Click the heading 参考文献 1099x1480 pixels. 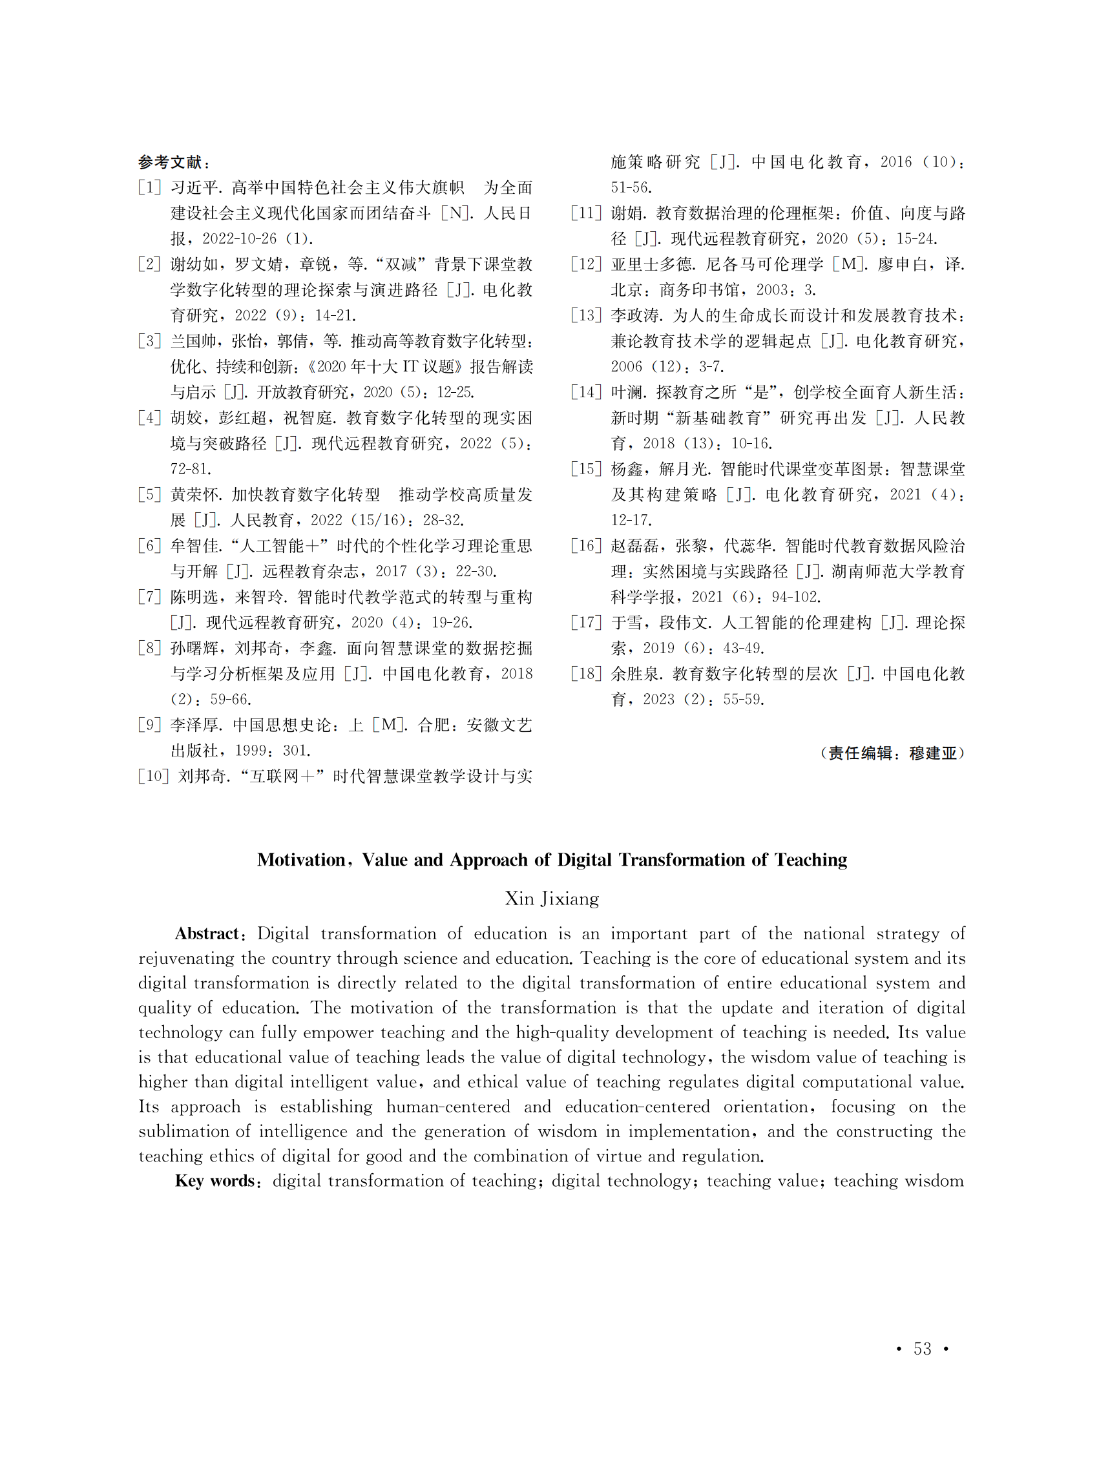(x=170, y=162)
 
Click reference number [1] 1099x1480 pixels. (x=150, y=187)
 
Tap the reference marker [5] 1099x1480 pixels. (x=150, y=495)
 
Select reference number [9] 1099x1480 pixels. (x=150, y=725)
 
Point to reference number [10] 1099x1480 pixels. (x=154, y=776)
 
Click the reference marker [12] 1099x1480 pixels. (x=586, y=265)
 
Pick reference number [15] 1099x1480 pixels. (x=586, y=470)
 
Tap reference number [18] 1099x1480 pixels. (x=586, y=674)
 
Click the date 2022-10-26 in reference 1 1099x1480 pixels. (x=240, y=239)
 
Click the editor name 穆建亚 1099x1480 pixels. (x=933, y=753)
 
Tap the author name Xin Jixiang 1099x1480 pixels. (x=552, y=899)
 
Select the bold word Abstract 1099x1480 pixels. (x=206, y=934)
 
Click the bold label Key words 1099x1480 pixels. (x=215, y=1181)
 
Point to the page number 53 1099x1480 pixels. (x=922, y=1348)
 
